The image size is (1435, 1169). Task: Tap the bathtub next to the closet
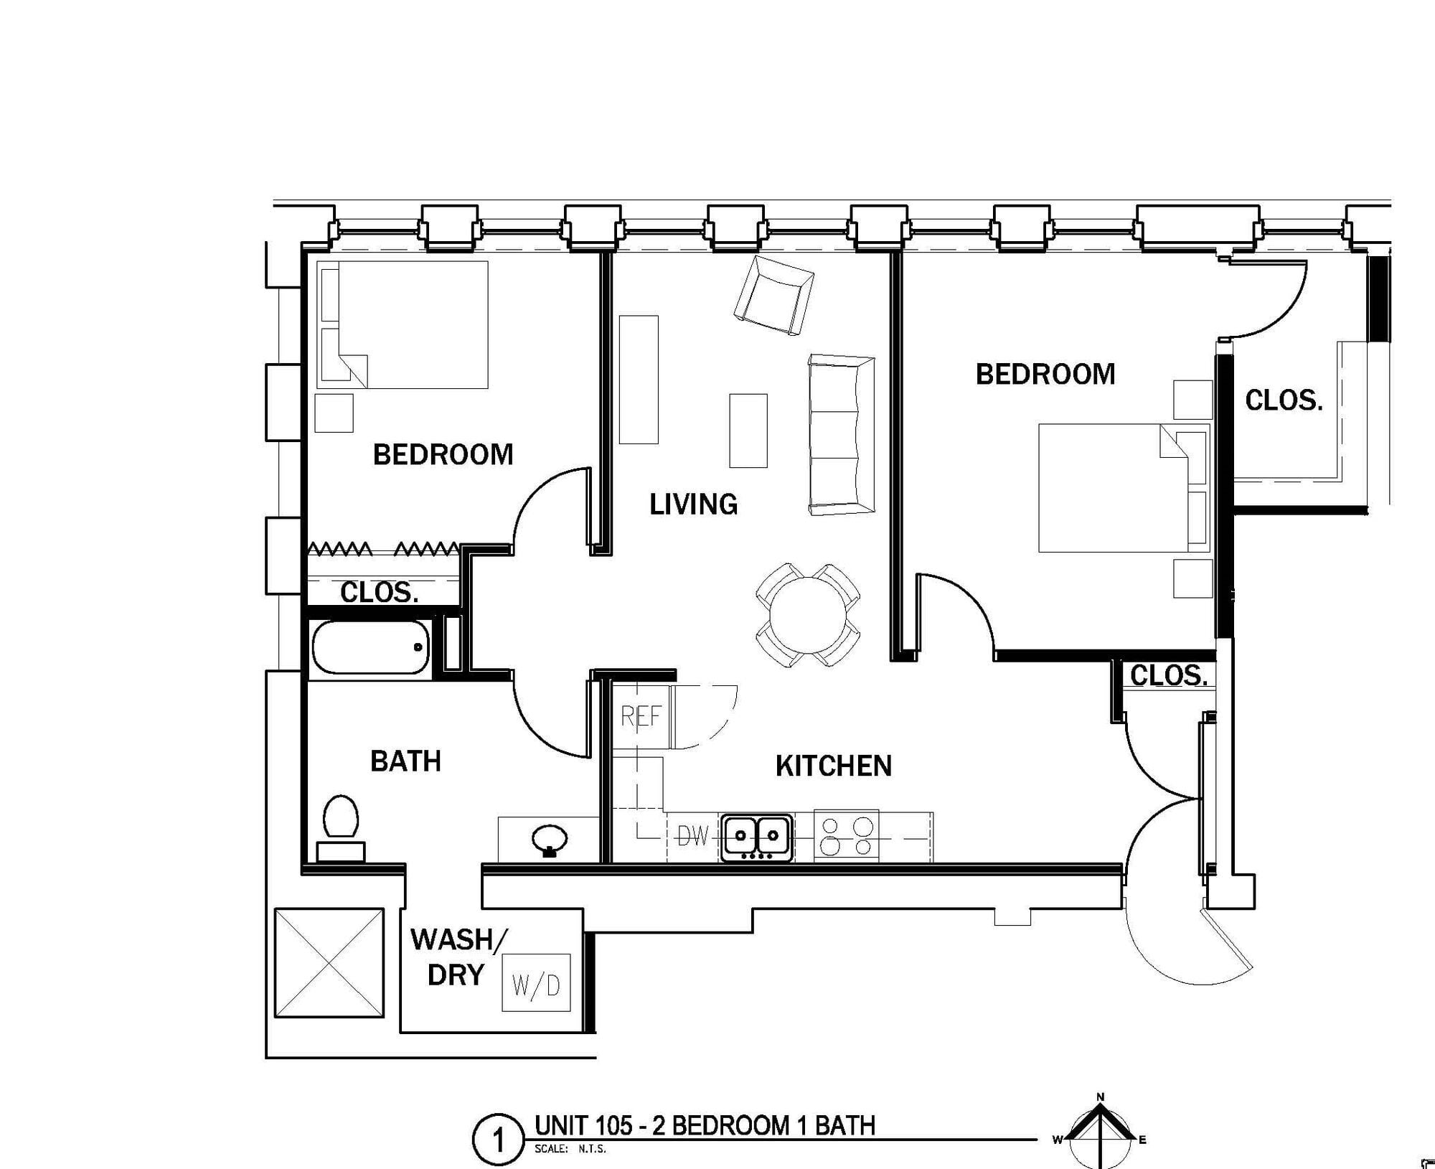coord(370,647)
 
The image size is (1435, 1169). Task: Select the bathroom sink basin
coord(550,840)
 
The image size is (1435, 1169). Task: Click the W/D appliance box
coord(536,982)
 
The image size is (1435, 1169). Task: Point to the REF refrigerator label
coord(641,716)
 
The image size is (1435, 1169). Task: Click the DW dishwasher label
coord(693,836)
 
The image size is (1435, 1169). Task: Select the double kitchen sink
coord(757,837)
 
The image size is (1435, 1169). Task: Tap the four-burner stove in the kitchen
coord(846,836)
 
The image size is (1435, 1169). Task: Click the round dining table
coord(808,616)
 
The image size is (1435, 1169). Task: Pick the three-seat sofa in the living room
coord(842,434)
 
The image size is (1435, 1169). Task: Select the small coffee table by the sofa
coord(748,431)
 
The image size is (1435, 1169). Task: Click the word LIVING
coord(693,504)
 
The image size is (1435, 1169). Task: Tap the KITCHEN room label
coord(834,766)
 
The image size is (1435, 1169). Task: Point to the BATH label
coord(405,761)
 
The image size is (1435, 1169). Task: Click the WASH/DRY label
coord(459,957)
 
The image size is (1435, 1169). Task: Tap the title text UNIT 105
coord(584,1126)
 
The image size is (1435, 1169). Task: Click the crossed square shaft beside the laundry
coord(329,962)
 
